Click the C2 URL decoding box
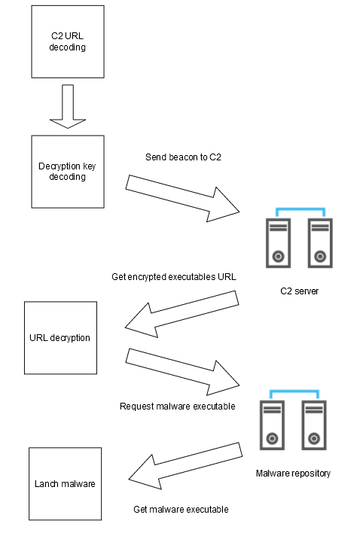pyautogui.click(x=68, y=41)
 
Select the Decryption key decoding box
pyautogui.click(x=68, y=172)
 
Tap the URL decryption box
pyautogui.click(x=60, y=338)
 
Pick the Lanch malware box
pyautogui.click(x=65, y=483)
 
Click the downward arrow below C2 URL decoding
pyautogui.click(x=68, y=107)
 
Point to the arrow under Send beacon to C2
pyautogui.click(x=182, y=199)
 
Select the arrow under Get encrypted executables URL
pyautogui.click(x=182, y=314)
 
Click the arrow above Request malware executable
pyautogui.click(x=182, y=372)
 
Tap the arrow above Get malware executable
pyautogui.click(x=185, y=466)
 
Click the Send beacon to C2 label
pyautogui.click(x=183, y=157)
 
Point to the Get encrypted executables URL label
pyautogui.click(x=174, y=277)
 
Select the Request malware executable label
pyautogui.click(x=178, y=407)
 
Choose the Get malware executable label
pyautogui.click(x=181, y=509)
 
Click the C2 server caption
pyautogui.click(x=300, y=291)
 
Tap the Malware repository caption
pyautogui.click(x=293, y=474)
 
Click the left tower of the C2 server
pyautogui.click(x=278, y=243)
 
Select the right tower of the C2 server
pyautogui.click(x=320, y=243)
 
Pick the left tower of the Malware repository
pyautogui.click(x=273, y=425)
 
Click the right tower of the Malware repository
pyautogui.click(x=314, y=425)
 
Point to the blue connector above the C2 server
pyautogui.click(x=301, y=209)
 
